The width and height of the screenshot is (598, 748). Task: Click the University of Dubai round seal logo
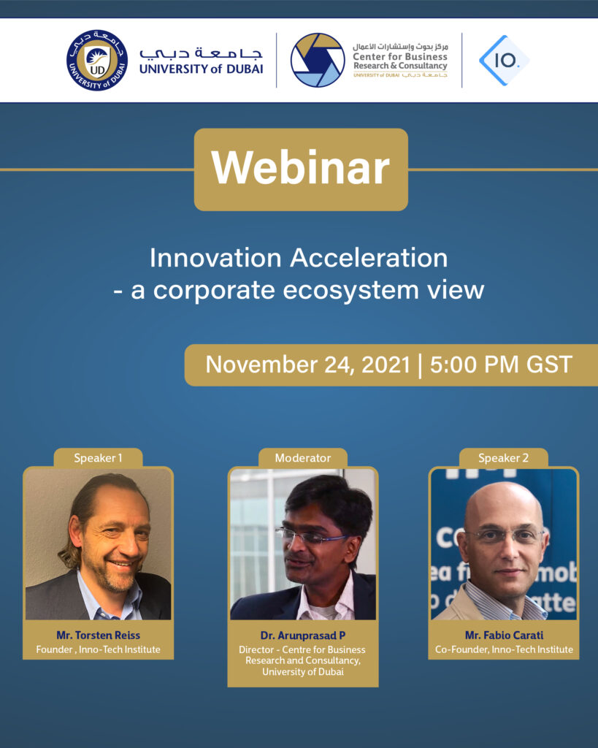coord(97,61)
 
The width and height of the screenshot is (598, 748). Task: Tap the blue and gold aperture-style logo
coord(317,61)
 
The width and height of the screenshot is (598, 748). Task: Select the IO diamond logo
coord(504,61)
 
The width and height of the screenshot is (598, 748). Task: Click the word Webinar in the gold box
coord(300,169)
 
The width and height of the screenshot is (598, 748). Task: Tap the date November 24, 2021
coord(307,365)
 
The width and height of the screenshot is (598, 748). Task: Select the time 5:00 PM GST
coord(501,365)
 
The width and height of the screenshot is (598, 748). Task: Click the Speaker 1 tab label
coord(98,458)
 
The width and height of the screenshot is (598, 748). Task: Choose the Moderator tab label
coord(302,458)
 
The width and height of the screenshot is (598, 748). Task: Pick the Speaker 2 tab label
coord(503,458)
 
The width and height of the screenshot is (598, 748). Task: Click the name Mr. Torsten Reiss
coord(98,635)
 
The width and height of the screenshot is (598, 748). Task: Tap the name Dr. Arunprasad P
coord(302,636)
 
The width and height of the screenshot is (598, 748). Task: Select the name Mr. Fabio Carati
coord(503,635)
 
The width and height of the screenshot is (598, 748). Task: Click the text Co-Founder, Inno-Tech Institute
coord(503,649)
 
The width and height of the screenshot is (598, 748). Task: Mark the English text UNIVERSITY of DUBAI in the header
coord(201,69)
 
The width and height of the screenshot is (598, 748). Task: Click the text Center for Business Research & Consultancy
coord(399,61)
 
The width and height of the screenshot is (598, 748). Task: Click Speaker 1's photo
coord(98,544)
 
